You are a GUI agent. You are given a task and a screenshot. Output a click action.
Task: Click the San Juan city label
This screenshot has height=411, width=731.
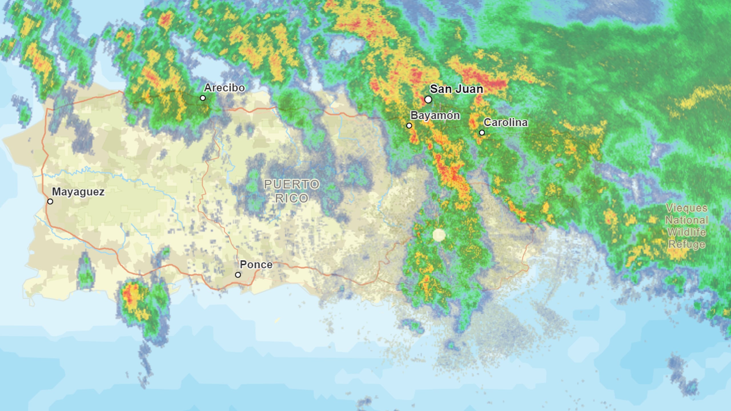click(x=456, y=89)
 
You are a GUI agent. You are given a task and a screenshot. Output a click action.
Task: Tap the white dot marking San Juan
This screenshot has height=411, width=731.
click(x=428, y=99)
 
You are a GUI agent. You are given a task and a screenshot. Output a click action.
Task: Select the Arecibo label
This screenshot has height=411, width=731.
click(x=224, y=88)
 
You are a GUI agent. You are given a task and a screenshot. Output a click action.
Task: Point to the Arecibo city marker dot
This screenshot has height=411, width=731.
click(x=203, y=98)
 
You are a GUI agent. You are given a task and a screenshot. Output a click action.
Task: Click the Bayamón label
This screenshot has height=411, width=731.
click(x=435, y=115)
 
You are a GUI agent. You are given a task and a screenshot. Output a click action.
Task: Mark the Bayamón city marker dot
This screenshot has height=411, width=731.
click(x=409, y=125)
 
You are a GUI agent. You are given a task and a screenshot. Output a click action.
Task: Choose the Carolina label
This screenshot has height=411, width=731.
click(x=505, y=123)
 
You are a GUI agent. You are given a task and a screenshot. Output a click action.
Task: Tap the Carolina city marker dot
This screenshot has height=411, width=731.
click(x=482, y=133)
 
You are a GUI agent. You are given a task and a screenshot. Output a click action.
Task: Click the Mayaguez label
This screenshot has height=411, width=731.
click(x=78, y=192)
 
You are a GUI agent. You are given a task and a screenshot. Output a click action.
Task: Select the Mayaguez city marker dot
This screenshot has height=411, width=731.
click(x=50, y=201)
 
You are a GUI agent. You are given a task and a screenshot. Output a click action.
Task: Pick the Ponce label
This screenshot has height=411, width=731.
click(x=256, y=265)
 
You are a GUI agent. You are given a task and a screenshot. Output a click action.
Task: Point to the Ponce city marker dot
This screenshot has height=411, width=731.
click(x=238, y=275)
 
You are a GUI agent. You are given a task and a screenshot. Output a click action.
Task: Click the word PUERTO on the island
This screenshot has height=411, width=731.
click(x=292, y=184)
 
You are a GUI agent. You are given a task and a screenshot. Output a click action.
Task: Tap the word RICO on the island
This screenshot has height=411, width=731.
click(x=292, y=198)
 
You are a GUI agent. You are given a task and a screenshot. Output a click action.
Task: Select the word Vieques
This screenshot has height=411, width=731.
click(x=686, y=208)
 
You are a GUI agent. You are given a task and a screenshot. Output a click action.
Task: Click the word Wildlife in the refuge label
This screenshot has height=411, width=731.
click(x=686, y=232)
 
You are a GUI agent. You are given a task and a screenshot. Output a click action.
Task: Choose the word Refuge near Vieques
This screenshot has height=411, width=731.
click(x=686, y=244)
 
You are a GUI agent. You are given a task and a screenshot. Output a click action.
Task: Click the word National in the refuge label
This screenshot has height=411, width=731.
click(x=686, y=220)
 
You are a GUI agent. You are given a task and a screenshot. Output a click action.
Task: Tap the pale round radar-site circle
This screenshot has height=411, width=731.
click(x=439, y=235)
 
